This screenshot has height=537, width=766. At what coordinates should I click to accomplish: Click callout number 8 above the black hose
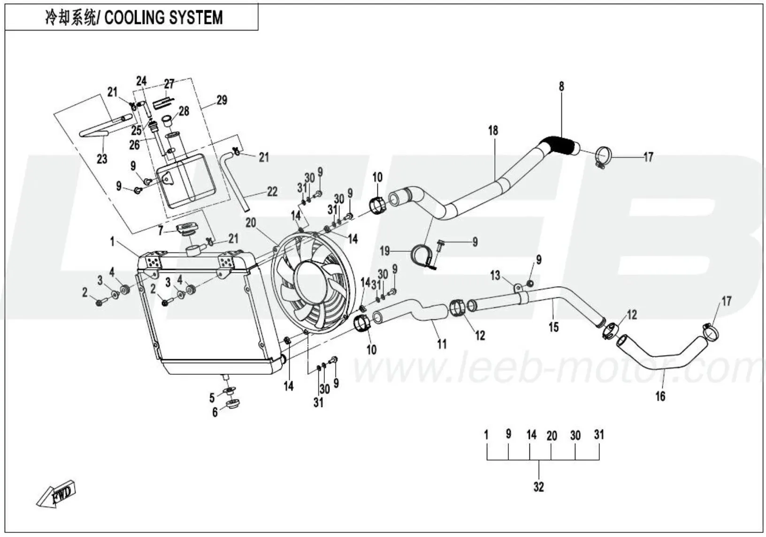[561, 87]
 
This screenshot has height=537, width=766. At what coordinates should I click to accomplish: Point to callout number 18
[493, 130]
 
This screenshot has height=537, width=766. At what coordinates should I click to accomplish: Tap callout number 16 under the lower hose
[660, 396]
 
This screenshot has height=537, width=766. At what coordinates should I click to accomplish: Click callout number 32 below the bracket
[538, 487]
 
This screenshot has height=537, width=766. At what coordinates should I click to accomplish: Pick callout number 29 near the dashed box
[222, 100]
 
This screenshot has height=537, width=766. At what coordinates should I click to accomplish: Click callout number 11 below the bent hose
[442, 344]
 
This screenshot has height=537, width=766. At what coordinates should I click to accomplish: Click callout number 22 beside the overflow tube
[272, 191]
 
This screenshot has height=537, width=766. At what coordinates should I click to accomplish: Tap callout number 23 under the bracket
[102, 159]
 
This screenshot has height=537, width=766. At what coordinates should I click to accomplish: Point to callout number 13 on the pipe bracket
[495, 275]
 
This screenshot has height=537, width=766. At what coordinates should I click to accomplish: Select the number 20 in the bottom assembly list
[552, 436]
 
